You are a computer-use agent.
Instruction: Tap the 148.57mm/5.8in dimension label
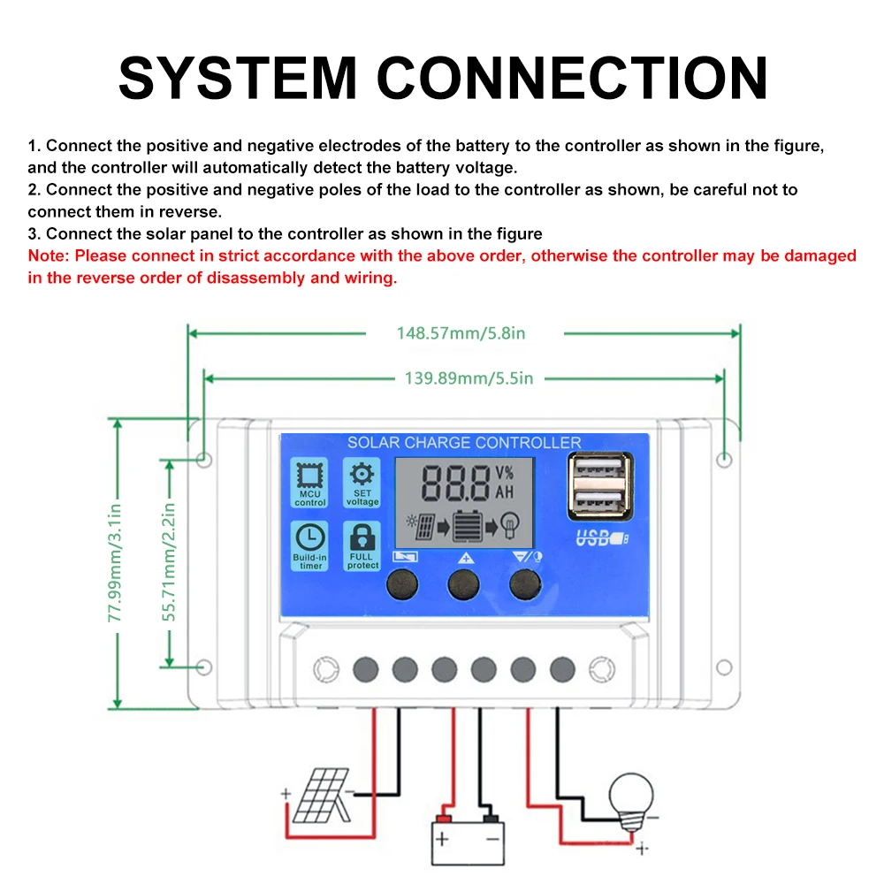[x=461, y=333]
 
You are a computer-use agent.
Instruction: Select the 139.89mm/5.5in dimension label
[x=469, y=378]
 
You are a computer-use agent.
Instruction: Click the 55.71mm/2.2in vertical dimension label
[x=169, y=562]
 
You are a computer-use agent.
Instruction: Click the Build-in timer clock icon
[x=309, y=537]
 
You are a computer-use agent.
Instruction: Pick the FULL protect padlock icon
[x=362, y=537]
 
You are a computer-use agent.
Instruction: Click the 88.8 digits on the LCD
[x=456, y=483]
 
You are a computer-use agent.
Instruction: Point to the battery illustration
[x=468, y=840]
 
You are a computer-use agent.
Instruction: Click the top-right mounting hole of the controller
[x=724, y=459]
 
